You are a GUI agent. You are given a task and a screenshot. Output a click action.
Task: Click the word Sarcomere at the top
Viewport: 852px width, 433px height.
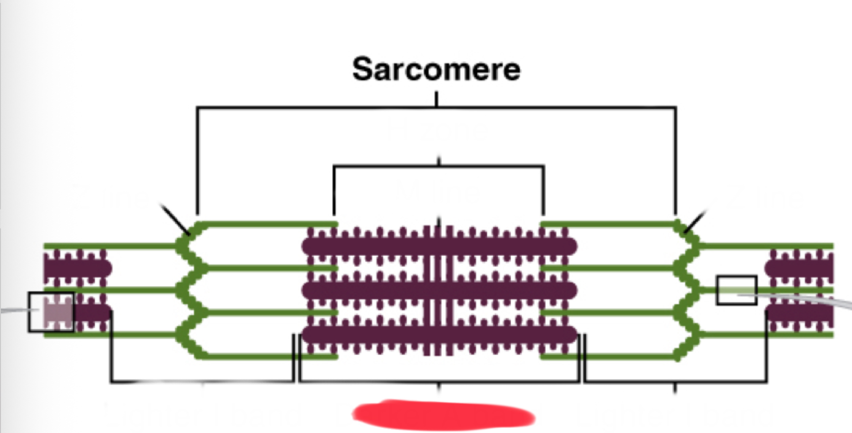click(436, 69)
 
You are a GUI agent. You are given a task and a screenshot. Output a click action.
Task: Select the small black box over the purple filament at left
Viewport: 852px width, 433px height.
click(51, 312)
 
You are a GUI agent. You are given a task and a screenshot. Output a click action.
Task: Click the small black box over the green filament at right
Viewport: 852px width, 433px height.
click(736, 290)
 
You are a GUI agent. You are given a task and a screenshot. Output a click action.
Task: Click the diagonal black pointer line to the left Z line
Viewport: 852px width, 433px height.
click(175, 219)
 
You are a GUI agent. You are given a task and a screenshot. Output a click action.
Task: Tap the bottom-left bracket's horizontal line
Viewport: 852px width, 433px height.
click(202, 382)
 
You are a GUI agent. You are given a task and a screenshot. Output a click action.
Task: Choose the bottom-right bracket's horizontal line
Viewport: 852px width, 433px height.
click(675, 382)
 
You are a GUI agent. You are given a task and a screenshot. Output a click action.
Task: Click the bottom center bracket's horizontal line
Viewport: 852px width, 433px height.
click(438, 382)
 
